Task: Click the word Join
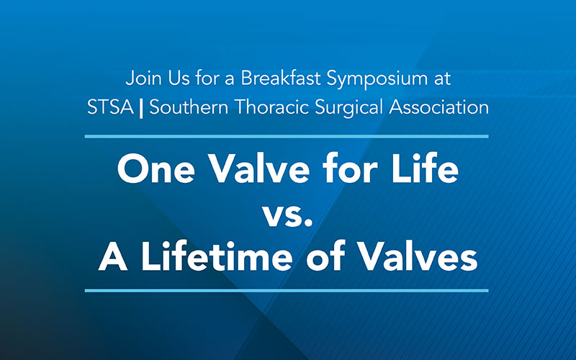pos(140,77)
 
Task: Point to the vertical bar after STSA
pos(141,109)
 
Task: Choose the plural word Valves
pos(418,257)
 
